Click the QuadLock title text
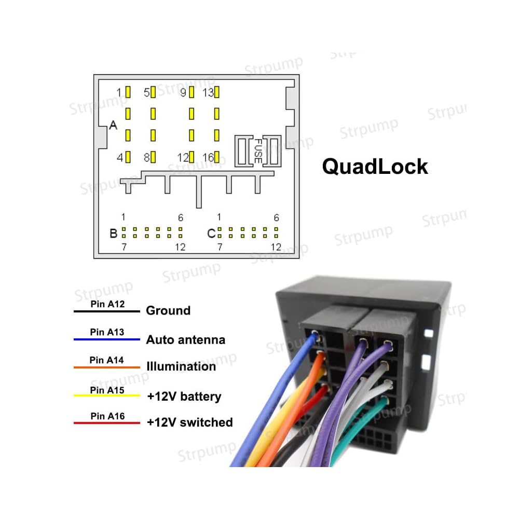point(375,167)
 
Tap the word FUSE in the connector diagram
point(257,151)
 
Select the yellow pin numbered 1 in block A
point(128,92)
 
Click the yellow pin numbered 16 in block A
point(217,157)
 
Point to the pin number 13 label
point(208,93)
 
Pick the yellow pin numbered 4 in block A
point(128,157)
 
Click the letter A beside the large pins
point(113,126)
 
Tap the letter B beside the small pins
point(113,234)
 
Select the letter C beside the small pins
point(211,234)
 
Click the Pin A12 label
point(107,305)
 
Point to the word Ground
point(168,311)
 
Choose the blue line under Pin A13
point(107,339)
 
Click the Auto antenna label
point(186,340)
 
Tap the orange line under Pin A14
point(107,367)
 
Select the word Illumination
point(181,366)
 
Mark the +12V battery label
point(184,397)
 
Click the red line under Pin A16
point(107,423)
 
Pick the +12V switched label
point(189,422)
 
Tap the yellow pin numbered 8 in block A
point(153,157)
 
